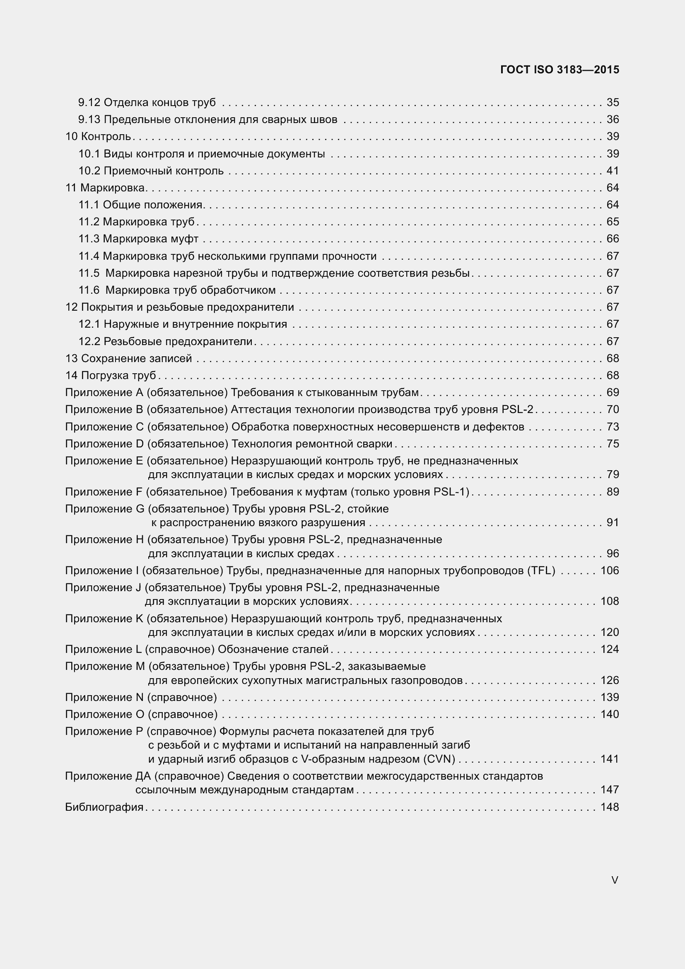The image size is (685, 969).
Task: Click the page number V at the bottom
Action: pyautogui.click(x=615, y=880)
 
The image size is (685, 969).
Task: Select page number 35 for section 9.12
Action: pyautogui.click(x=613, y=103)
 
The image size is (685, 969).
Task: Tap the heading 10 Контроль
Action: pyautogui.click(x=98, y=137)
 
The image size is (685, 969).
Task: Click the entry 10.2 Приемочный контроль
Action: pyautogui.click(x=151, y=171)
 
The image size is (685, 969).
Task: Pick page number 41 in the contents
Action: pyautogui.click(x=613, y=171)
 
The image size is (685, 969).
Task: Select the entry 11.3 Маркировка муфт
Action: pyautogui.click(x=138, y=239)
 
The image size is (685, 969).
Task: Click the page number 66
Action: pyautogui.click(x=613, y=239)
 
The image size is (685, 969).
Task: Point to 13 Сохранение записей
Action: pyautogui.click(x=129, y=358)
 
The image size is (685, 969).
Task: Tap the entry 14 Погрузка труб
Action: pyautogui.click(x=111, y=375)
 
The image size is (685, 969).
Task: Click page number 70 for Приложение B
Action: pyautogui.click(x=613, y=409)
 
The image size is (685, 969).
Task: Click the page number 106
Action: pyautogui.click(x=610, y=570)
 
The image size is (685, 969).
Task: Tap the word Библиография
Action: pyautogui.click(x=104, y=807)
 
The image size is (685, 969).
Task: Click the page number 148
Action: pyautogui.click(x=610, y=807)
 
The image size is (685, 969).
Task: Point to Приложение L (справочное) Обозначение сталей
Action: pyautogui.click(x=197, y=649)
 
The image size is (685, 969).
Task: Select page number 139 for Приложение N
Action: pyautogui.click(x=610, y=697)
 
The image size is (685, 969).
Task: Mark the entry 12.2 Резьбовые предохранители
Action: pyautogui.click(x=165, y=341)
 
